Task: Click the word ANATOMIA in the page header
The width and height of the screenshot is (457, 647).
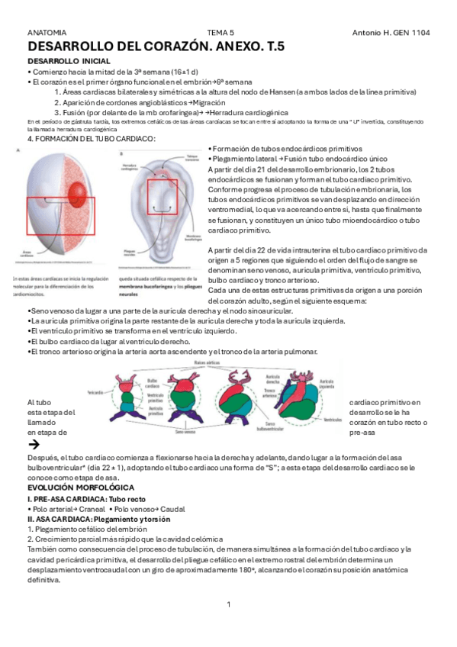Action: click(x=47, y=34)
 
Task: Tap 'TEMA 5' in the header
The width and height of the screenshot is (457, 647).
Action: click(x=220, y=34)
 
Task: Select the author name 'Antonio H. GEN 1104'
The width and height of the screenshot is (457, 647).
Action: click(x=391, y=34)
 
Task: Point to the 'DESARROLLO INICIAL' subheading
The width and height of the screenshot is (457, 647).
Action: click(x=69, y=60)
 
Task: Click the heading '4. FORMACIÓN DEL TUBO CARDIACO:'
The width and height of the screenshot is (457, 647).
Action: click(x=91, y=139)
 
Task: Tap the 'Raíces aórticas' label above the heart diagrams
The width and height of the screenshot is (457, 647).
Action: click(x=208, y=363)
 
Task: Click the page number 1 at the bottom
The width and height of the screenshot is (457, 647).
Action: click(x=228, y=605)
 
